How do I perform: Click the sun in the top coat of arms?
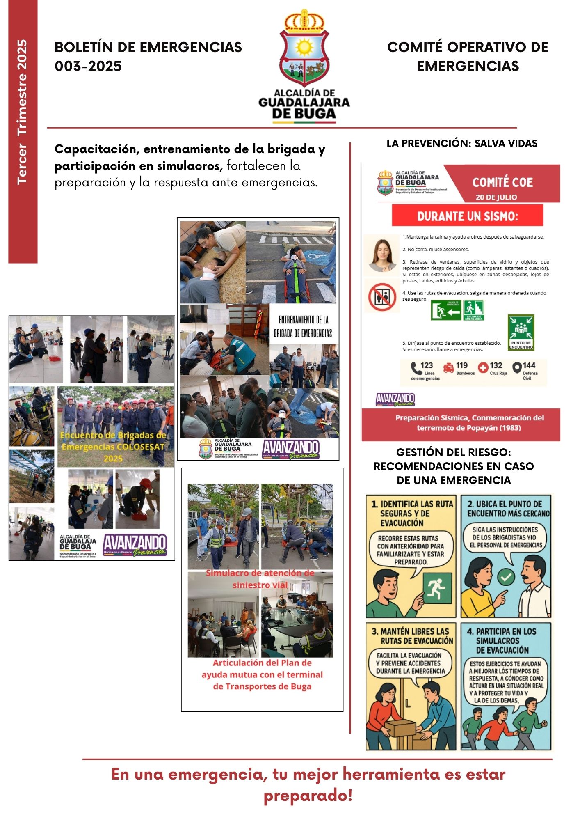304,47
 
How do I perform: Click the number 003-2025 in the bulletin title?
88,66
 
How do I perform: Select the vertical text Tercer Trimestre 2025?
22,112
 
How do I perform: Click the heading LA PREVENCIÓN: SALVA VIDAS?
462,143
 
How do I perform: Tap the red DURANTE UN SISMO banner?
467,216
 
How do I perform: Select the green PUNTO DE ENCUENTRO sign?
521,333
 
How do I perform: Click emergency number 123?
427,365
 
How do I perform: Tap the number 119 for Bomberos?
461,365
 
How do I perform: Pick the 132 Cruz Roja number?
496,365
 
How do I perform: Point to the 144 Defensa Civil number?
529,365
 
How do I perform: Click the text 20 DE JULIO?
496,197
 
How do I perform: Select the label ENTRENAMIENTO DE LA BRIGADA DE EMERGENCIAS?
303,326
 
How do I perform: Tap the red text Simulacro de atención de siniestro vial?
260,579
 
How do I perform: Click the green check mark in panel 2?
506,578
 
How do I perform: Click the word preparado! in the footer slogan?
308,796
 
